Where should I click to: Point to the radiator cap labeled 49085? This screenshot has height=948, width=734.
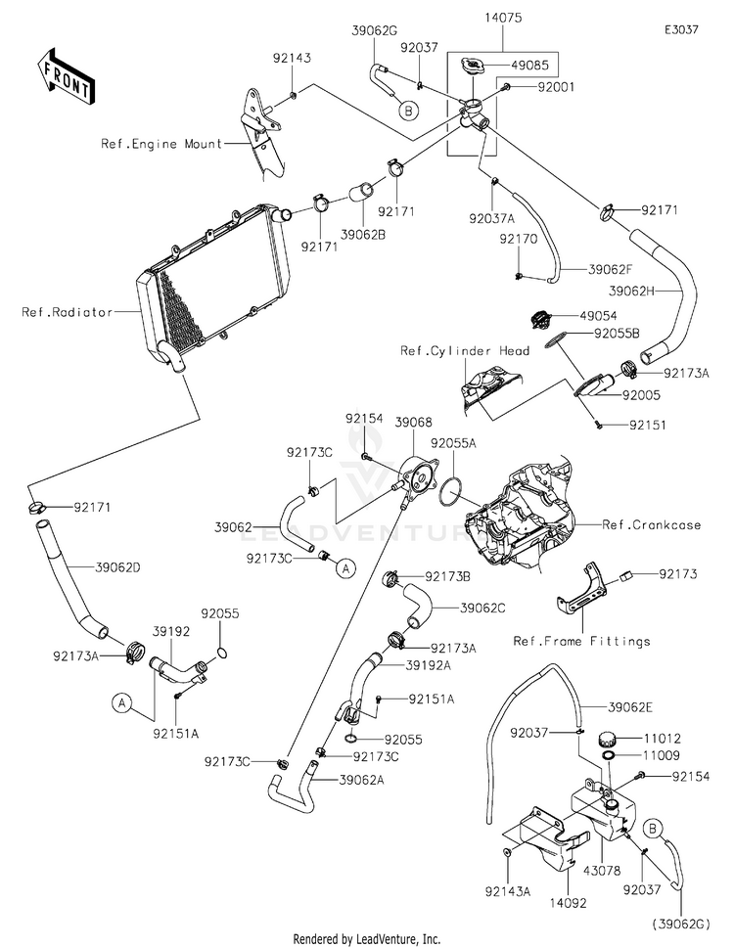pos(471,68)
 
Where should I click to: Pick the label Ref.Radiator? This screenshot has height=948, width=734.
pos(65,313)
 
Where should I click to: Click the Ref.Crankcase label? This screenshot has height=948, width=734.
pos(652,525)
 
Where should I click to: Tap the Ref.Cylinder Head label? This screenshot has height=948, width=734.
pos(465,350)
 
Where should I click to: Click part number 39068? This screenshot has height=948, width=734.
pos(413,422)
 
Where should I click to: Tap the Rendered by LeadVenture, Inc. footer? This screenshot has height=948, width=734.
pos(367,938)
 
